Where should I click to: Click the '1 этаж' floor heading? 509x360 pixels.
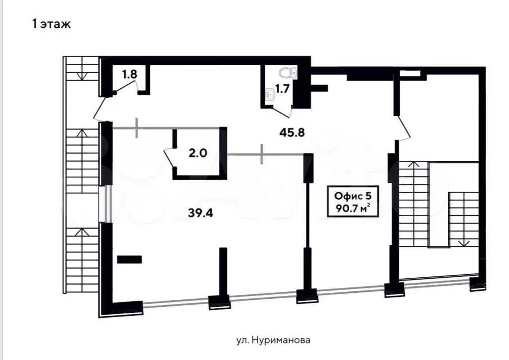click(51, 24)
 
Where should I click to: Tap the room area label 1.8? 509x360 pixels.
click(129, 74)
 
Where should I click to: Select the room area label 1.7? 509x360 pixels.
click(282, 88)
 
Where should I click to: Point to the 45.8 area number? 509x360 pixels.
click(292, 132)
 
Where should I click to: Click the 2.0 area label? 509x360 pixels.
click(198, 153)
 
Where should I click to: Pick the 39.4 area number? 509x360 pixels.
click(201, 213)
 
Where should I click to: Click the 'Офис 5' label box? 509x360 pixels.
click(353, 202)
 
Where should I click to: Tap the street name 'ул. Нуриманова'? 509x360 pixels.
click(273, 340)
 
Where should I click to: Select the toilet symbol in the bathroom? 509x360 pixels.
click(288, 73)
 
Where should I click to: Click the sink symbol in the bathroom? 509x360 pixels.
click(270, 95)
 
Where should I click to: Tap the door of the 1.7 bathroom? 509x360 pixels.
click(281, 112)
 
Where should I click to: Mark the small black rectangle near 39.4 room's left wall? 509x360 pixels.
click(129, 259)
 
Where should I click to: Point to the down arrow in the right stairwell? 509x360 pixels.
click(464, 240)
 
